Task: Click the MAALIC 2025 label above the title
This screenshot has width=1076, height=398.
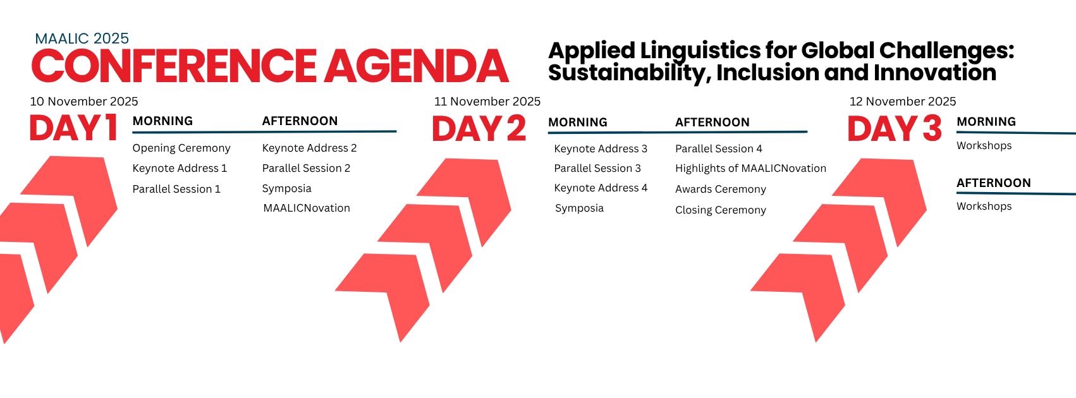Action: (x=82, y=39)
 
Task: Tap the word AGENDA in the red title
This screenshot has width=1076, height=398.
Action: (x=417, y=66)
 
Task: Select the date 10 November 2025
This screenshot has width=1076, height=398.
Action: (x=84, y=101)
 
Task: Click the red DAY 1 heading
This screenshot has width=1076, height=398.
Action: (x=73, y=128)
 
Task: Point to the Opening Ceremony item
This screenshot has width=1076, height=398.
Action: (x=181, y=148)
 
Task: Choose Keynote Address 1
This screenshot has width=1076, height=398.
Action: (x=180, y=168)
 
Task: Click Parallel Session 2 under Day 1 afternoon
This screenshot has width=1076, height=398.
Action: (x=306, y=168)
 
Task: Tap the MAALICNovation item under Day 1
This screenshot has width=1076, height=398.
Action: (x=307, y=208)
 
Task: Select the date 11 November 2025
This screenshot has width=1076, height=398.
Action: (x=487, y=101)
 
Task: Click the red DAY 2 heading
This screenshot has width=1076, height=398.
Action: (x=479, y=128)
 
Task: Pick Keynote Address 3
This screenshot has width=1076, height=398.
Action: (x=601, y=149)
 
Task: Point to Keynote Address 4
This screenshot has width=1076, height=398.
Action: (x=601, y=188)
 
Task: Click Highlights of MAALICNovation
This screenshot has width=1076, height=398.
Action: (x=751, y=169)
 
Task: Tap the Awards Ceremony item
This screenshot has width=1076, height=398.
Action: (x=721, y=189)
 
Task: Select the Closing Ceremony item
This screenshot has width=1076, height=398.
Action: (x=721, y=210)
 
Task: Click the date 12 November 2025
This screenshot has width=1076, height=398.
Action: (x=903, y=101)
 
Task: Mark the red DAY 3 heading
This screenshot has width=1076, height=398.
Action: (x=895, y=128)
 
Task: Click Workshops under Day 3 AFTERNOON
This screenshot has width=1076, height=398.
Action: (x=984, y=207)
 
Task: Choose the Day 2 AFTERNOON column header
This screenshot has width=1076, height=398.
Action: (x=712, y=123)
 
